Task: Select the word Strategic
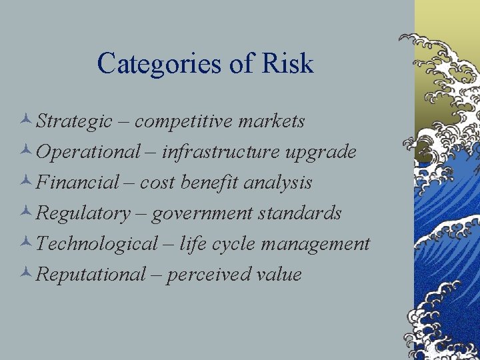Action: tap(75, 122)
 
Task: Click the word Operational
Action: tap(88, 152)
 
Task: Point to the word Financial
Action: tap(78, 182)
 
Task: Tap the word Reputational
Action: tap(91, 274)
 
